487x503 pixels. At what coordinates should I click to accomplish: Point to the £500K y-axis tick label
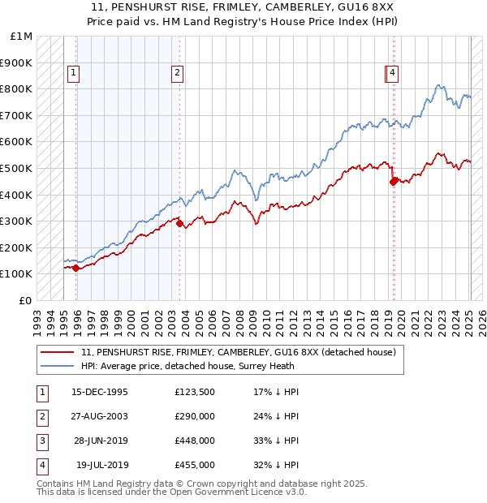pyautogui.click(x=18, y=168)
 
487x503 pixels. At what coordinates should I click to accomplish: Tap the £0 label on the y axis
pyautogui.click(x=27, y=300)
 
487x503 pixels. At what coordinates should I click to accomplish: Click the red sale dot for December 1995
pyautogui.click(x=75, y=268)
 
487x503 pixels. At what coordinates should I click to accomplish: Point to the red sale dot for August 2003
pyautogui.click(x=179, y=224)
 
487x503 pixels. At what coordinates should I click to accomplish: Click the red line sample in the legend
pyautogui.click(x=57, y=352)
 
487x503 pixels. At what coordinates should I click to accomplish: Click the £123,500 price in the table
pyautogui.click(x=194, y=392)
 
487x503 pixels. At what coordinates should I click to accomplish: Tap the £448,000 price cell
pyautogui.click(x=194, y=441)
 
